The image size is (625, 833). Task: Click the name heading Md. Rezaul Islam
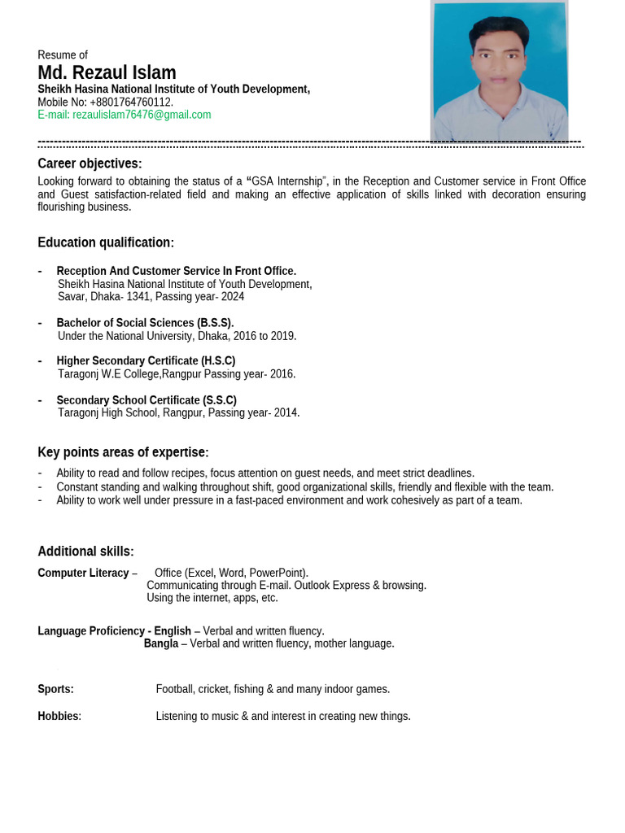(x=107, y=72)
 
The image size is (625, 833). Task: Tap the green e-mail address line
(x=124, y=115)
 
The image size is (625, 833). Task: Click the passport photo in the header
(x=499, y=71)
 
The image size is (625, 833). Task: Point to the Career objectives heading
(x=90, y=164)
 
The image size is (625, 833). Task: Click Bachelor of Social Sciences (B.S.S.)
(x=145, y=323)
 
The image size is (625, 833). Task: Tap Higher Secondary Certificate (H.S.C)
(x=146, y=360)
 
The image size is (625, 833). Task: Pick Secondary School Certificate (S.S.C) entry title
(x=146, y=400)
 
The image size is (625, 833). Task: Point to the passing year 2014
(x=285, y=412)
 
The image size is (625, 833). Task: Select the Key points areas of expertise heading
(x=123, y=452)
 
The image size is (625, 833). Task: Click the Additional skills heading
(x=85, y=552)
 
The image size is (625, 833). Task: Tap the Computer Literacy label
(x=83, y=573)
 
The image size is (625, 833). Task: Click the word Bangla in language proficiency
(x=161, y=643)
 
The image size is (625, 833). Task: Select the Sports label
(x=55, y=689)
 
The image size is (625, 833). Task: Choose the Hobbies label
(x=59, y=716)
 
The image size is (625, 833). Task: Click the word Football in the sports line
(x=175, y=689)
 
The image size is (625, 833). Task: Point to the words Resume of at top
(x=63, y=55)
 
